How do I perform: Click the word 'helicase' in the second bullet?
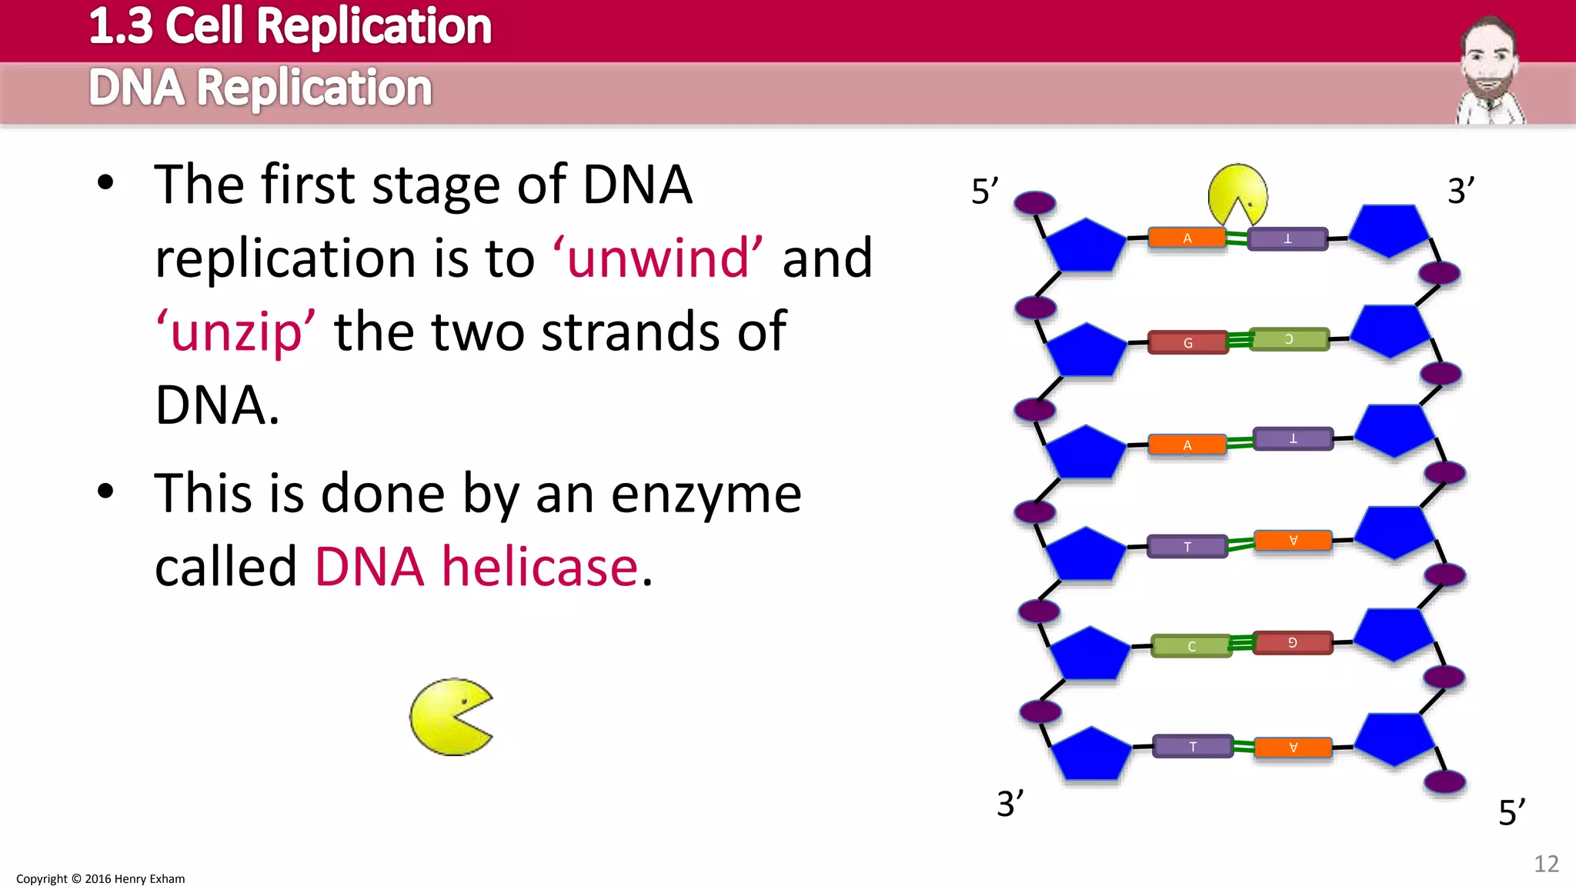[539, 567]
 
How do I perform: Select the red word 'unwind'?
[658, 258]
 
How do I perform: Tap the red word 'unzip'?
[235, 332]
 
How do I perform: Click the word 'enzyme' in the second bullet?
[706, 494]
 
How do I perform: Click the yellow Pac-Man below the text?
[450, 717]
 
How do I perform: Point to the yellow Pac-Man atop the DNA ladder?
[1237, 194]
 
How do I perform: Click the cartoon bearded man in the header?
[1490, 71]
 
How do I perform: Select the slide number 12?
[1546, 864]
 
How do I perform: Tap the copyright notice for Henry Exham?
[101, 878]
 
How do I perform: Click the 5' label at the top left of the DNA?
[984, 192]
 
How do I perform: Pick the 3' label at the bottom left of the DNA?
[1010, 804]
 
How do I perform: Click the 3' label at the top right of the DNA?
[1461, 191]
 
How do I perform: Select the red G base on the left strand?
[1187, 342]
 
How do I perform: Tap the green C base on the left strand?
[1191, 646]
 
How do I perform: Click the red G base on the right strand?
[1292, 642]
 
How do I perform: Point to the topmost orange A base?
[1187, 238]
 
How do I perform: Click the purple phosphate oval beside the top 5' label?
[1034, 203]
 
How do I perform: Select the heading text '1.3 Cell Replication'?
[290, 26]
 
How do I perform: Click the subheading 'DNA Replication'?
[260, 88]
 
